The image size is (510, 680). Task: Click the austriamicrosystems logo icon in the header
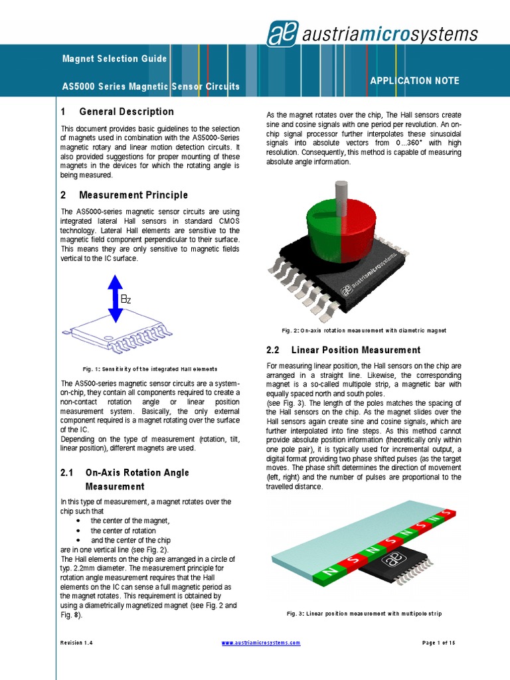pos(282,33)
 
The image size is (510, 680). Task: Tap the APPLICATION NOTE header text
pos(414,80)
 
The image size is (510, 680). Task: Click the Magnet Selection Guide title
pos(114,59)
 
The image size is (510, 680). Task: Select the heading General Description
pos(126,112)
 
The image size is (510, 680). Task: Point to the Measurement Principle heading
pos(133,195)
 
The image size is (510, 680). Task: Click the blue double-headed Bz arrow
pos(115,299)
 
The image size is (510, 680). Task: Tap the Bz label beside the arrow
pos(126,300)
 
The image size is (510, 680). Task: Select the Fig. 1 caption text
pos(149,369)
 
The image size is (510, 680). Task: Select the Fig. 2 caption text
pos(364,330)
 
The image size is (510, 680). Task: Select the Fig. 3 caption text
pos(364,614)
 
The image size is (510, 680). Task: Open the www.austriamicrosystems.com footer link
pos(260,643)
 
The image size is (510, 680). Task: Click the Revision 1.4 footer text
pos(77,643)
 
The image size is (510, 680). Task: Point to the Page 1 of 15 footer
pos(438,643)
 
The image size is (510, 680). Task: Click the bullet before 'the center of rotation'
pos(78,531)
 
